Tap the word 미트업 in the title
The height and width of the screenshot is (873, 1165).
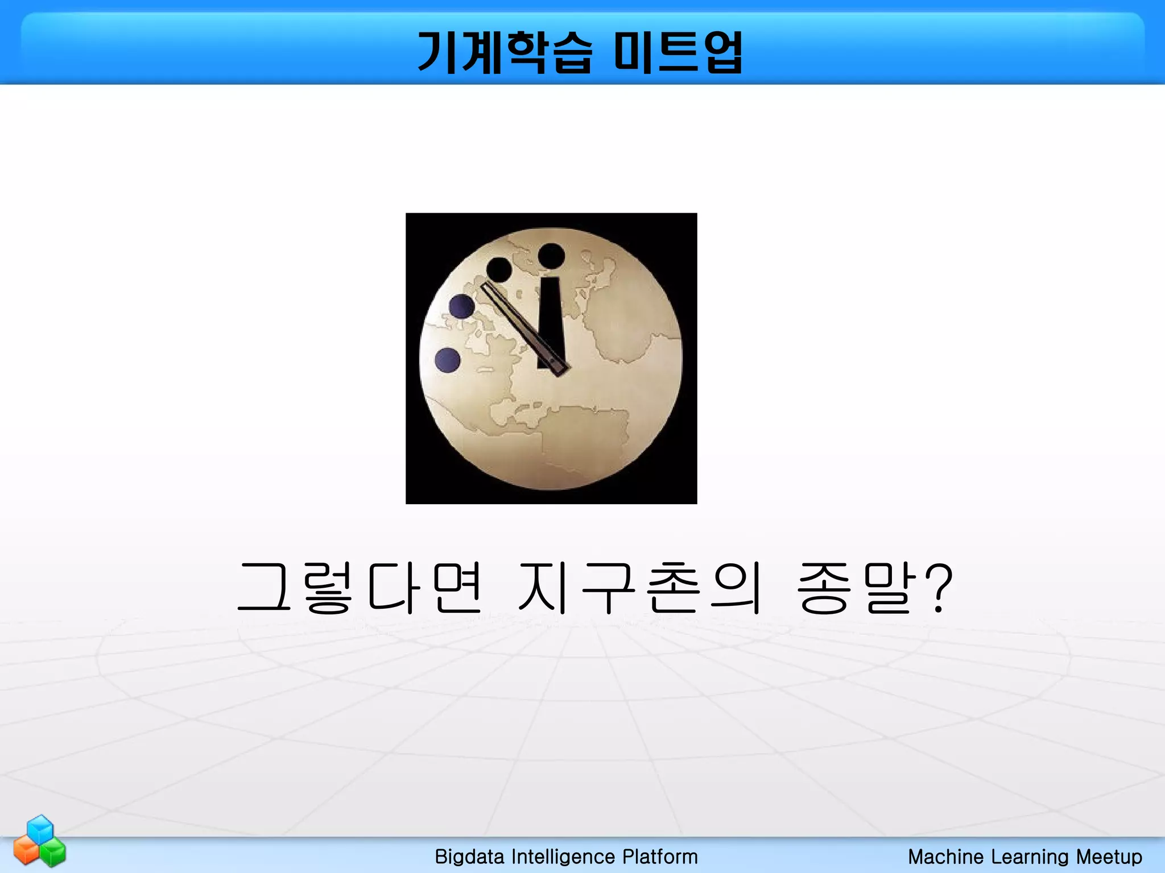[678, 52]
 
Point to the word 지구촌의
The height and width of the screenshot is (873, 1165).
[639, 588]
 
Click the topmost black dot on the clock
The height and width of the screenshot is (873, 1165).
[551, 256]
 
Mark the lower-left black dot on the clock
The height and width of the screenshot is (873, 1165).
[499, 269]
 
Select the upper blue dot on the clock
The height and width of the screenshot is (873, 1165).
[461, 306]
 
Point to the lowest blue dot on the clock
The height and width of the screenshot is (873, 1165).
[447, 360]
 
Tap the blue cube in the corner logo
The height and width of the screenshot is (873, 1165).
[40, 829]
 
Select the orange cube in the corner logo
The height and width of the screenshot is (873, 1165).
[26, 851]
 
